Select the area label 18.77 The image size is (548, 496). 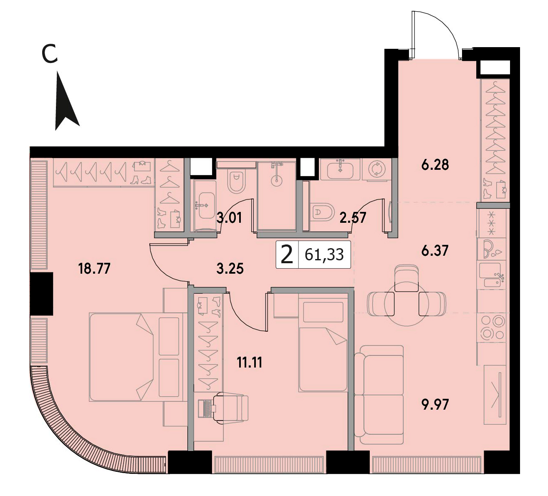pyautogui.click(x=94, y=268)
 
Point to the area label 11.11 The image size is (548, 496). pyautogui.click(x=250, y=363)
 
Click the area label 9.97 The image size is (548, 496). pyautogui.click(x=435, y=404)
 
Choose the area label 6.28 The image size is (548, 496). pyautogui.click(x=435, y=165)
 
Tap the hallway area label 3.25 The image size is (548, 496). pyautogui.click(x=230, y=269)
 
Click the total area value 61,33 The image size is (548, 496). pyautogui.click(x=324, y=255)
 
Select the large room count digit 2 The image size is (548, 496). pyautogui.click(x=287, y=255)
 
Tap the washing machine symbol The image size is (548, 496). pyautogui.click(x=377, y=169)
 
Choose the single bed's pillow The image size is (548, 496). pyautogui.click(x=323, y=312)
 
